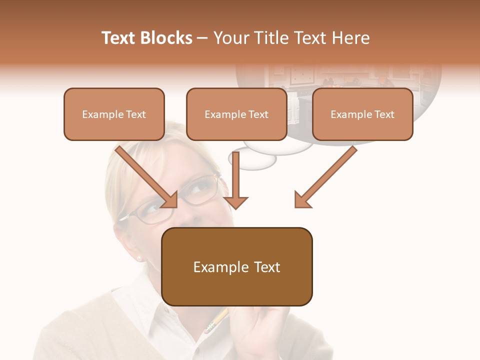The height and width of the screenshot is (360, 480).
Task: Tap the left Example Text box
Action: tap(114, 114)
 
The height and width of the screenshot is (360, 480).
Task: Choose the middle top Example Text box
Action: tap(236, 114)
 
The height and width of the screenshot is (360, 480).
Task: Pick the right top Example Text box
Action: tap(362, 114)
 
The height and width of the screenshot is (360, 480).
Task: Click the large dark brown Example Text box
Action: tap(237, 266)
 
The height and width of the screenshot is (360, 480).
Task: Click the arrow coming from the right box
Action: tap(325, 177)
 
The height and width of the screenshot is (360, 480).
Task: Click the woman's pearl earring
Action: tap(139, 258)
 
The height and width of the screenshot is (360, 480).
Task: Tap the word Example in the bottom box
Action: tap(220, 267)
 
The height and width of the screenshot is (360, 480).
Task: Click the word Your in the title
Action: tap(230, 38)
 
